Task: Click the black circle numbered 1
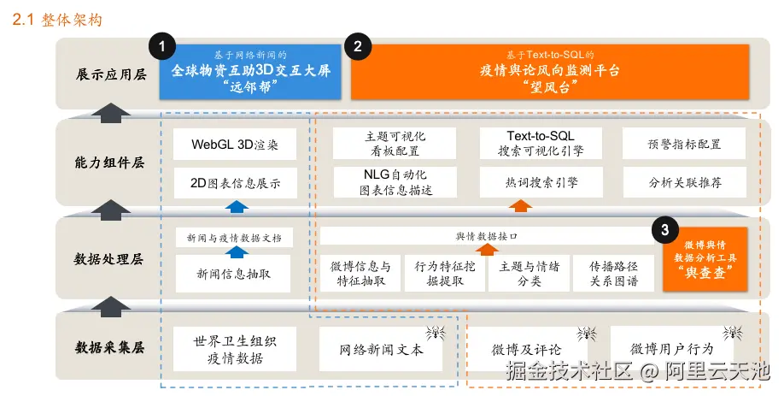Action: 162,48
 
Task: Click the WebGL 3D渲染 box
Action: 226,145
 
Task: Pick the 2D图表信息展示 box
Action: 226,182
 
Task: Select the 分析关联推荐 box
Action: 684,182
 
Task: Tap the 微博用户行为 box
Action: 671,349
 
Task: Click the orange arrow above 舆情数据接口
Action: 485,249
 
